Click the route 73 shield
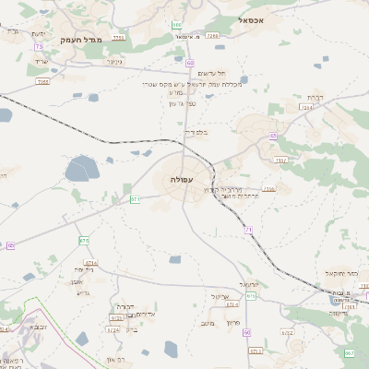[39, 46]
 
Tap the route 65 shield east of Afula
[273, 136]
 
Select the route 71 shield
[248, 228]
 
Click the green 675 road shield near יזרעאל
[251, 296]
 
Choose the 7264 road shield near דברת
[306, 108]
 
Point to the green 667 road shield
[349, 352]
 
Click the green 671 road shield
[135, 199]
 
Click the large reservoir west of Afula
[81, 169]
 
